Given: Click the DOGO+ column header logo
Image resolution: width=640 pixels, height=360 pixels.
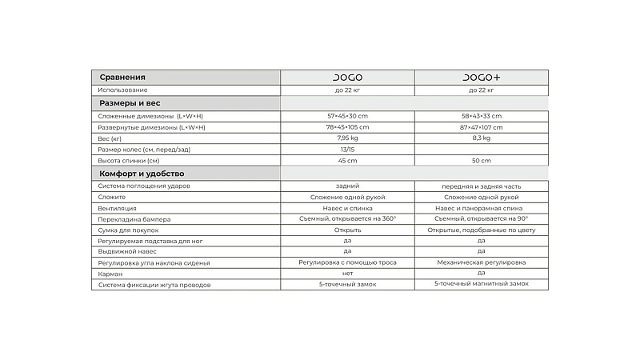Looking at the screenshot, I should pyautogui.click(x=482, y=78).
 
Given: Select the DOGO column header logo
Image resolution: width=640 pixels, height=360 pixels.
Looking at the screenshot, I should pyautogui.click(x=347, y=78).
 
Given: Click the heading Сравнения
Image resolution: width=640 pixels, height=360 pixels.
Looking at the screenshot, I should pyautogui.click(x=122, y=78).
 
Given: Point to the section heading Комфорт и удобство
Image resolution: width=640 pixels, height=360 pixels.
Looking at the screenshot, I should pyautogui.click(x=142, y=174).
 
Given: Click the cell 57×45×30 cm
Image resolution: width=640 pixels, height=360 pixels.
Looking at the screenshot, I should pyautogui.click(x=347, y=116).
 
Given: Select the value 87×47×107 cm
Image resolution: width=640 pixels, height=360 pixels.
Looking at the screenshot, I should pyautogui.click(x=482, y=127).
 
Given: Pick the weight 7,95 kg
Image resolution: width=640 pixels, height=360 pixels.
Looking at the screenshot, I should pyautogui.click(x=347, y=138).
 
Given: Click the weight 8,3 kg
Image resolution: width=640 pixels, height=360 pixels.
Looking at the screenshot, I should pyautogui.click(x=482, y=138).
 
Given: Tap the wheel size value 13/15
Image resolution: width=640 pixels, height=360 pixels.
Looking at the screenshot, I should pyautogui.click(x=347, y=150).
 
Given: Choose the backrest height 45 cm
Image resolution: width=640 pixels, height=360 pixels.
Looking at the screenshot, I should pyautogui.click(x=347, y=161).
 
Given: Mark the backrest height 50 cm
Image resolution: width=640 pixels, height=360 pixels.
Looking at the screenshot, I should pyautogui.click(x=482, y=161).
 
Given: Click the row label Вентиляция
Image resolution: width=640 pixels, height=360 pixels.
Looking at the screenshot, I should pyautogui.click(x=117, y=207).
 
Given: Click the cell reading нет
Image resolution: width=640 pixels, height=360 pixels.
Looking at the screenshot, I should pyautogui.click(x=347, y=274).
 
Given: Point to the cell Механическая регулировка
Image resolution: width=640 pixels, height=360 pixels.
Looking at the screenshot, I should pyautogui.click(x=482, y=262).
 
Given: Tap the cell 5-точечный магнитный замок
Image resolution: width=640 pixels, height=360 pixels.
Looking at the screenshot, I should pyautogui.click(x=482, y=284).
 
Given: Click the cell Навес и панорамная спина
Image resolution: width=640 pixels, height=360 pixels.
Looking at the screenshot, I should pyautogui.click(x=482, y=207).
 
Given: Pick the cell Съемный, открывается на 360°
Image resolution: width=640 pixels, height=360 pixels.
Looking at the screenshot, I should pyautogui.click(x=347, y=218).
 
